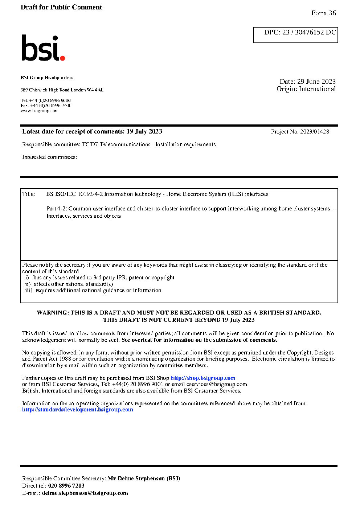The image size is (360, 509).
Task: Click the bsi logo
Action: [x=43, y=48]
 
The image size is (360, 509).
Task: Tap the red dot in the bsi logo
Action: [x=62, y=58]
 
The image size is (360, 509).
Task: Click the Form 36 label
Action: [x=323, y=13]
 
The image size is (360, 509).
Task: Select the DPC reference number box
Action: [x=295, y=35]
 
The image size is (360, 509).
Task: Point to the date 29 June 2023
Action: [x=316, y=82]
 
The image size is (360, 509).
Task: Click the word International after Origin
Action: [x=317, y=89]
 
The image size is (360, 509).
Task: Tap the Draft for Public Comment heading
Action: [x=61, y=7]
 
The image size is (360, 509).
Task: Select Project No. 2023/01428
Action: [x=300, y=132]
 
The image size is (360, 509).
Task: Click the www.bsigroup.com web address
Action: [x=40, y=111]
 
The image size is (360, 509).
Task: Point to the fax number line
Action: [x=46, y=106]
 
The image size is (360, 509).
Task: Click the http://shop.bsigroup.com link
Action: [x=203, y=378]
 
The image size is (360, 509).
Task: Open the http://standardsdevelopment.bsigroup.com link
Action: [x=77, y=410]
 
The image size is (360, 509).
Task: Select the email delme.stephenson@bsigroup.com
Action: [x=85, y=493]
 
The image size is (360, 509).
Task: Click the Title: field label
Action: [x=29, y=194]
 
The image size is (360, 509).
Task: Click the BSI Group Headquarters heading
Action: [x=47, y=78]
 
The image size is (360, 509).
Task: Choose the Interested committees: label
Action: [x=49, y=157]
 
